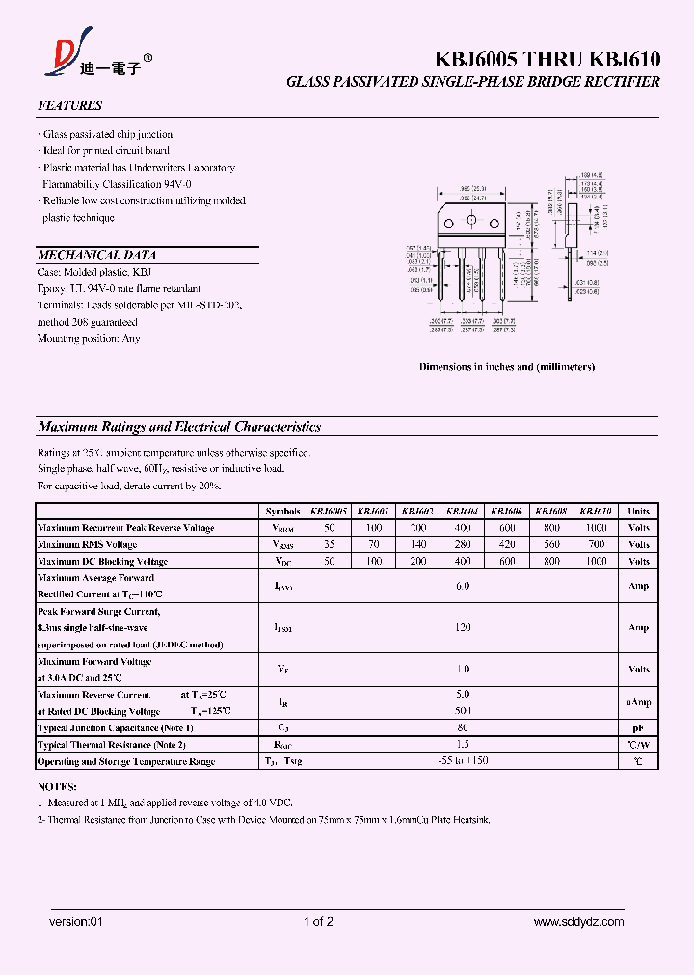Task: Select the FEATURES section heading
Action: [69, 105]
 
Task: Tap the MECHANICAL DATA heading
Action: [96, 255]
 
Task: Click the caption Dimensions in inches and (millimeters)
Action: [507, 367]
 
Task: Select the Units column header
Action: [638, 512]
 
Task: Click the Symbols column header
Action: [283, 512]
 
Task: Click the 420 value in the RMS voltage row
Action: [507, 544]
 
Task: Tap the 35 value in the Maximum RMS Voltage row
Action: [329, 544]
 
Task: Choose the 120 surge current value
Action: [463, 627]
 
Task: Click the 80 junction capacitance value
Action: [463, 728]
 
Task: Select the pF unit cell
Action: [638, 728]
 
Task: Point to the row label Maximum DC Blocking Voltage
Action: [102, 561]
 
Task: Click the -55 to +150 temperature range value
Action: [463, 761]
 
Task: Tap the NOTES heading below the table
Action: [58, 786]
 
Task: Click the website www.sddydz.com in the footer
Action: [578, 922]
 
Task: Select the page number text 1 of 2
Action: [318, 922]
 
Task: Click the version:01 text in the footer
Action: [75, 922]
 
